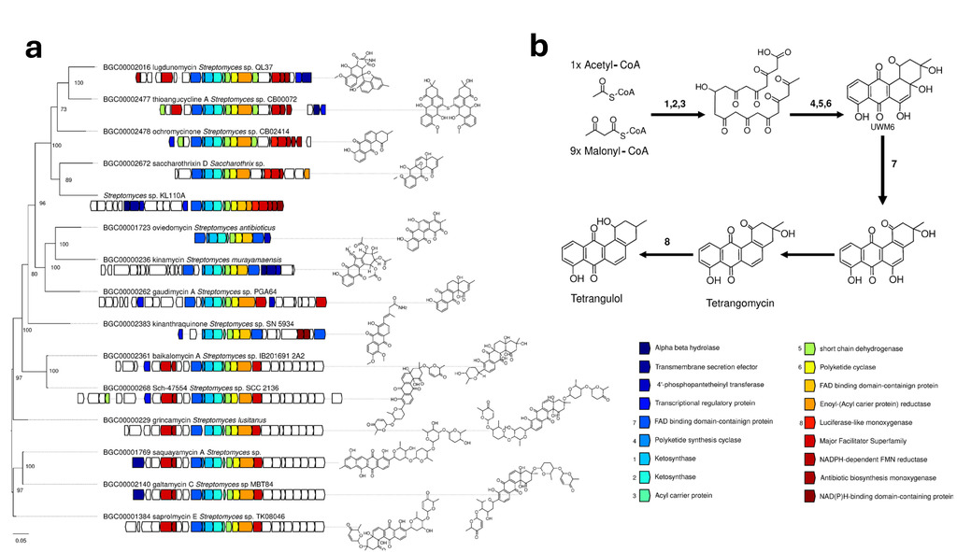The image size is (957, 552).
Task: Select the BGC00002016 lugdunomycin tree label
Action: coord(187,67)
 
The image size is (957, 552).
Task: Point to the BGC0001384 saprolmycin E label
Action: coord(193,516)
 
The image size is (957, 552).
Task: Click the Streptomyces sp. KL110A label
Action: coord(144,195)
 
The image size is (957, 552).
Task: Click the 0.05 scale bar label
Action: coord(21,540)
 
